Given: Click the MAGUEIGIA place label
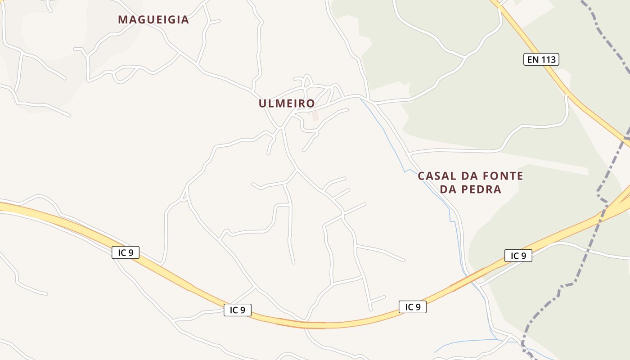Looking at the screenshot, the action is point(153,20).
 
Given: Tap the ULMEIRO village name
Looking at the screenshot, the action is point(287,103).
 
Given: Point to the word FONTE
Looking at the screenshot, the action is point(503,176).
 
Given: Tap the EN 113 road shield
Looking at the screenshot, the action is point(541,59).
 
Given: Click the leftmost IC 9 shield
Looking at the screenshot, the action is point(126,252).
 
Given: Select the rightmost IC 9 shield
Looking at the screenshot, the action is point(518,256).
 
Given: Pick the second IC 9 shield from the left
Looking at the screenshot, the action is point(238,310).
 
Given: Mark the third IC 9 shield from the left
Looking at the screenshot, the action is point(412,307).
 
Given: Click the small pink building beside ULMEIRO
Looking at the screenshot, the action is point(315,116).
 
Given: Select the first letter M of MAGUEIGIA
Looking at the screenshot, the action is point(122,20).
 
